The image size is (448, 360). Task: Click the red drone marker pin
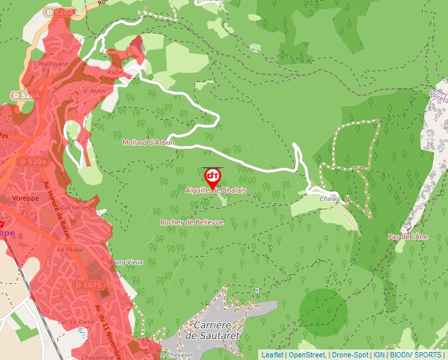(x=213, y=176)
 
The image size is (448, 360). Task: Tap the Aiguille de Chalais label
(x=216, y=190)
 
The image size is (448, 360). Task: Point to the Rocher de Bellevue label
(x=192, y=222)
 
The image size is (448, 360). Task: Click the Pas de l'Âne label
(x=408, y=236)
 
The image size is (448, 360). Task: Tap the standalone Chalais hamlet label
(x=330, y=198)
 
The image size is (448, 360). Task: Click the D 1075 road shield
(x=88, y=285)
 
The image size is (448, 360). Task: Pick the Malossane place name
(x=53, y=64)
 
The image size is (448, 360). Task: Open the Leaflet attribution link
(x=272, y=355)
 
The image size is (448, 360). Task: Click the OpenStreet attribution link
(x=306, y=355)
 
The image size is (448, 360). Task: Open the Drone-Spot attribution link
(x=350, y=355)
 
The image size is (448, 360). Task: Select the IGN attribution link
(x=379, y=355)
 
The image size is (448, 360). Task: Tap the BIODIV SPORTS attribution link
(x=416, y=355)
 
